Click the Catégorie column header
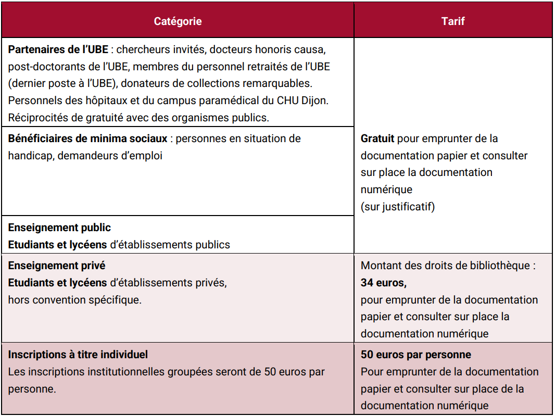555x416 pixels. [178, 21]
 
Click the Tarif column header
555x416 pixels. [453, 21]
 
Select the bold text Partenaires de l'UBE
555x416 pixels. [58, 50]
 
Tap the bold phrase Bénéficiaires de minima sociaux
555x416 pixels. [88, 138]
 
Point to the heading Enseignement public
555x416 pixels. [59, 228]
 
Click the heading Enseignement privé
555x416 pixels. [57, 266]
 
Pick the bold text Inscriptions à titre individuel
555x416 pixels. [78, 355]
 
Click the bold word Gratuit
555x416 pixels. [377, 138]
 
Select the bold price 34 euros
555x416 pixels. [383, 283]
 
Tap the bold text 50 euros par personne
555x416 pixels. [416, 355]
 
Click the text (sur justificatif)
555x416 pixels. [397, 207]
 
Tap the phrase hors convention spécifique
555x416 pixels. [74, 300]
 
